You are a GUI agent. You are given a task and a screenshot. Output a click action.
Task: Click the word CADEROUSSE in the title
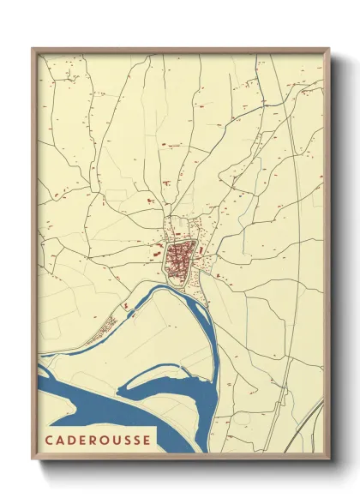(96, 440)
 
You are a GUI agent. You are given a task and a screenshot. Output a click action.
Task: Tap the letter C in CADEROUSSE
(46, 440)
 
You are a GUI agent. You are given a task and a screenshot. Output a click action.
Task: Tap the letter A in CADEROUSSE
(58, 440)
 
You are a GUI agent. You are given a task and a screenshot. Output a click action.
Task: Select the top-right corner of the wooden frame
(329, 49)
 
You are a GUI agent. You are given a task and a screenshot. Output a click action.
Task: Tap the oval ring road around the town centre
(196, 249)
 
